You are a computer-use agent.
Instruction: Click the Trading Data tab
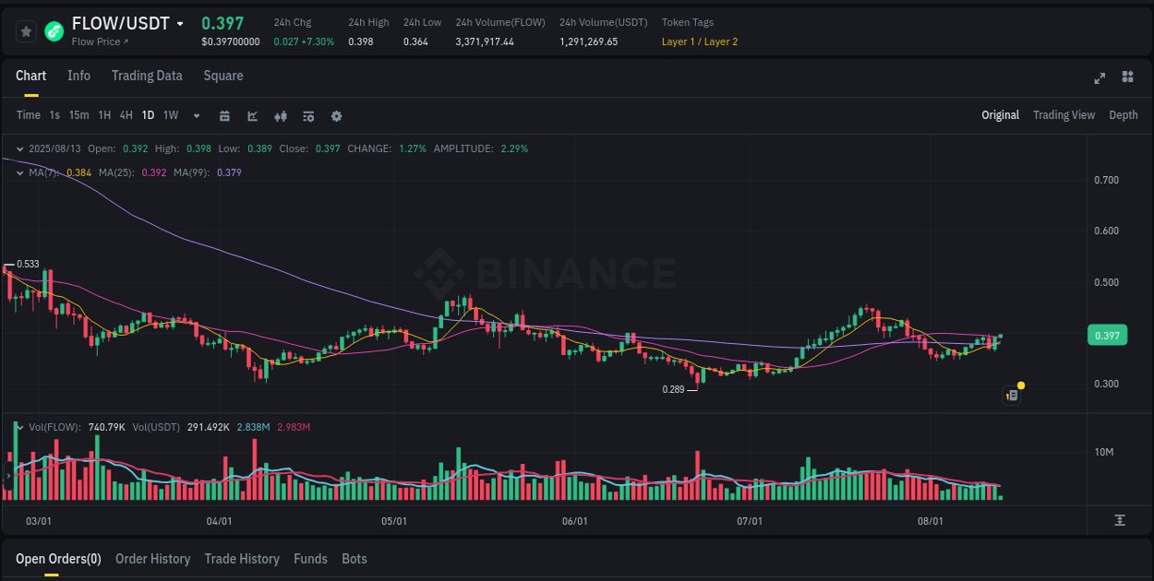pyautogui.click(x=147, y=76)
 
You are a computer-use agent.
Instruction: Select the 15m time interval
pyautogui.click(x=78, y=115)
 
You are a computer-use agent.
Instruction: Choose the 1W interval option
pyautogui.click(x=171, y=115)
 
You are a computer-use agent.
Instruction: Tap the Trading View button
pyautogui.click(x=1064, y=115)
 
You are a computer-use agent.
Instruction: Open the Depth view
pyautogui.click(x=1123, y=115)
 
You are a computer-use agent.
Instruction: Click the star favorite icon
pyautogui.click(x=26, y=31)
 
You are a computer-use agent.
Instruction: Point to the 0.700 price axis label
pyautogui.click(x=1106, y=180)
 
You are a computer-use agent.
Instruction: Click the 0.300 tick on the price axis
pyautogui.click(x=1106, y=384)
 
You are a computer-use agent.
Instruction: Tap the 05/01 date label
pyautogui.click(x=394, y=521)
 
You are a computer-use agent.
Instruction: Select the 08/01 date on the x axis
pyautogui.click(x=931, y=521)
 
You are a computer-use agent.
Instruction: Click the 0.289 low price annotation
pyautogui.click(x=673, y=389)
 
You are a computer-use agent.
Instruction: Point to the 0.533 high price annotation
pyautogui.click(x=28, y=264)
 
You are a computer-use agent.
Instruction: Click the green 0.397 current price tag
pyautogui.click(x=1107, y=336)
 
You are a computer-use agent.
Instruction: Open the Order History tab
pyautogui.click(x=152, y=559)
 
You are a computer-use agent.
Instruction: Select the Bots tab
pyautogui.click(x=355, y=559)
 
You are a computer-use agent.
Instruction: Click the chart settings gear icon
pyautogui.click(x=336, y=116)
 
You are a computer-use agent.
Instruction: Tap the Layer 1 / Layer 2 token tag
pyautogui.click(x=699, y=41)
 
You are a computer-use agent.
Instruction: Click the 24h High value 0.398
pyautogui.click(x=360, y=41)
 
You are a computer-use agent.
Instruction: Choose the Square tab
pyautogui.click(x=223, y=76)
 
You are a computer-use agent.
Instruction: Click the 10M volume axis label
pyautogui.click(x=1104, y=452)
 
